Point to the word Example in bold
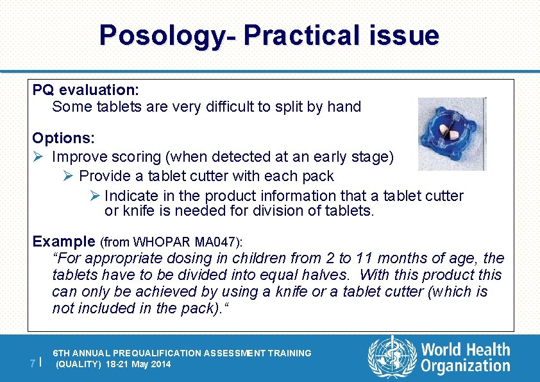pyautogui.click(x=64, y=241)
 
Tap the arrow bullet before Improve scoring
pyautogui.click(x=38, y=157)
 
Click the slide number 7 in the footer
pyautogui.click(x=33, y=363)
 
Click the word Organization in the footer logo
pyautogui.click(x=466, y=367)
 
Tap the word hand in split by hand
pyautogui.click(x=346, y=107)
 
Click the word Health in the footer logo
pyautogui.click(x=488, y=351)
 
